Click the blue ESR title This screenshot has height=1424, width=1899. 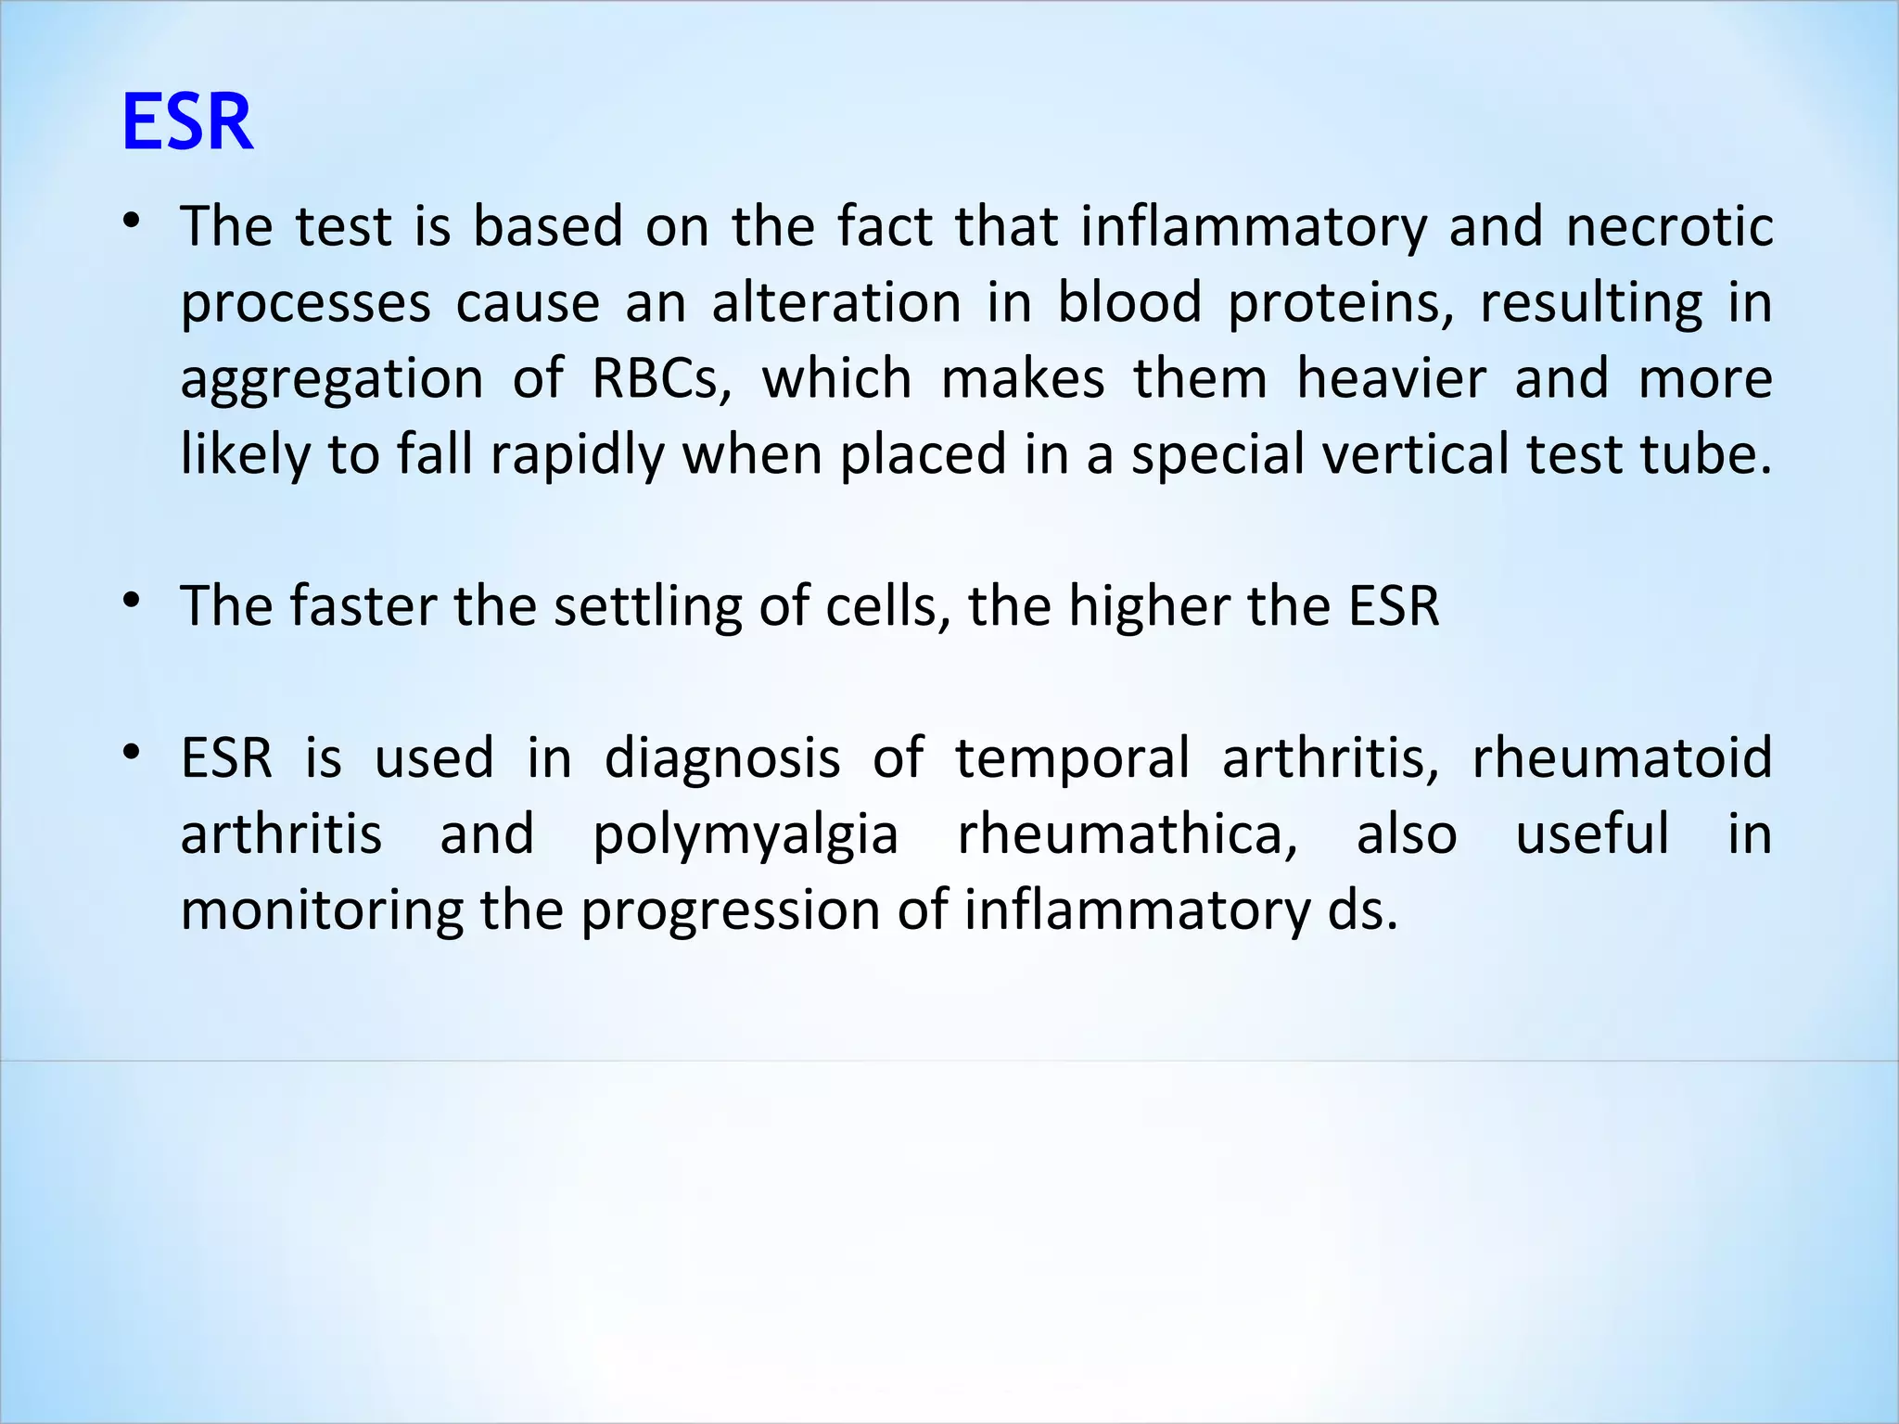187,122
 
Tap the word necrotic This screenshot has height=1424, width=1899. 1669,228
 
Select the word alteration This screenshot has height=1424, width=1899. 836,304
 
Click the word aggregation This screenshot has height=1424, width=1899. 332,380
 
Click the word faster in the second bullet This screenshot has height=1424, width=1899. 363,607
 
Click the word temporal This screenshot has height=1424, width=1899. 1072,759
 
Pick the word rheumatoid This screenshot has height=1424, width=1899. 1622,759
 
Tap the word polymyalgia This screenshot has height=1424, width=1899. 746,835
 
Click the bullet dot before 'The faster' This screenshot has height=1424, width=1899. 132,602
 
